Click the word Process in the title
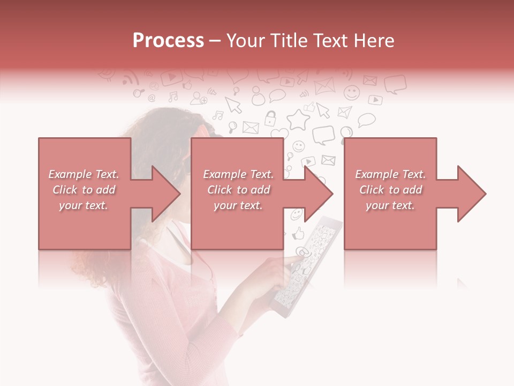point(168,40)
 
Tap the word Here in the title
point(374,41)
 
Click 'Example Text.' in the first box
point(84,174)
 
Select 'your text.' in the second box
point(238,205)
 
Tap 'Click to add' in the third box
point(390,190)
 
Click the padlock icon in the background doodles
point(271,117)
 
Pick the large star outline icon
point(298,119)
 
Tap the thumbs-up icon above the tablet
point(298,233)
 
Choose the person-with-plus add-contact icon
point(199,98)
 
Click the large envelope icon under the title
point(324,86)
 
